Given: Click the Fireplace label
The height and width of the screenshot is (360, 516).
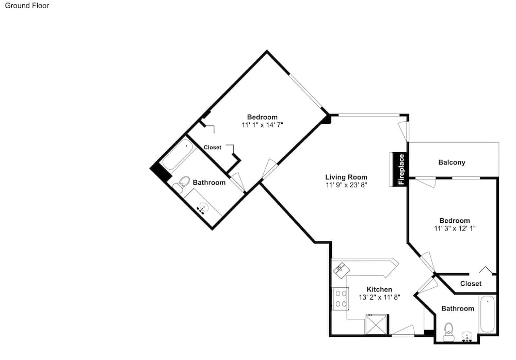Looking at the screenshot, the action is pos(401,169).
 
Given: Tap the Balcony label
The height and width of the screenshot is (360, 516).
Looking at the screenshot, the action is pos(451,162).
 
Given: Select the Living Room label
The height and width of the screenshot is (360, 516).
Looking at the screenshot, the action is pos(346,177).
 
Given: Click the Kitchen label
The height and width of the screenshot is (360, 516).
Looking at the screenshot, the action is pos(379,289).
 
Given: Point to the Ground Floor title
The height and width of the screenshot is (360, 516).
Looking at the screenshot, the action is pos(27,5).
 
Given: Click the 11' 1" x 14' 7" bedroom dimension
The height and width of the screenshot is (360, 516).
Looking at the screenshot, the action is pos(262,125).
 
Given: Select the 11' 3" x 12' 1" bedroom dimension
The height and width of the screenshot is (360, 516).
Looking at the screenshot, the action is pos(455,228).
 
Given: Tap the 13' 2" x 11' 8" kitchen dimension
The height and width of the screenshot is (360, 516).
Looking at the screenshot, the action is pos(379,297).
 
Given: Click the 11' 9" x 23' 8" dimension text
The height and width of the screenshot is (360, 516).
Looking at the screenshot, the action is pos(346,185).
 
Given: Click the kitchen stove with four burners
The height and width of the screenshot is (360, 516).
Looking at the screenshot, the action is pos(341,299).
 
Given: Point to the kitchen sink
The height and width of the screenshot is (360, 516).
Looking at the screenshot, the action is pos(340,269).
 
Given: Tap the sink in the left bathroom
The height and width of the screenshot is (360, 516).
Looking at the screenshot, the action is pos(203,208).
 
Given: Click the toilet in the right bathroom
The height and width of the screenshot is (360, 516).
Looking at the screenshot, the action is pos(448,332).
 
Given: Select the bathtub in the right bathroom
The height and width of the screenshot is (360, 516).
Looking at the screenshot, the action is pos(488,314).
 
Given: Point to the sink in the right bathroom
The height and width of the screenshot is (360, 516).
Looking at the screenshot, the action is pos(467,337).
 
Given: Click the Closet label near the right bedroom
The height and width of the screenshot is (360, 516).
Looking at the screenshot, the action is pos(471,283).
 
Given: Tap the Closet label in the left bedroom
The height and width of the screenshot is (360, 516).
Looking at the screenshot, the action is pos(212,148).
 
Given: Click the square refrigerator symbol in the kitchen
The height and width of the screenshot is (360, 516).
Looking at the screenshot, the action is pos(377,324).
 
